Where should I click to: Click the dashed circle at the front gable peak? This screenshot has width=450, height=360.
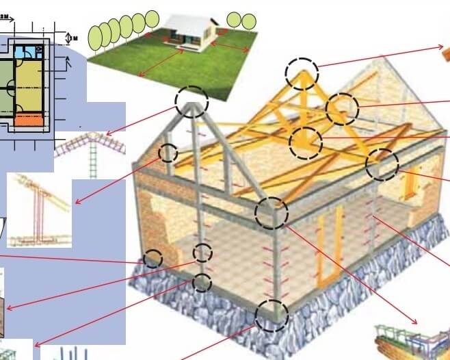191,101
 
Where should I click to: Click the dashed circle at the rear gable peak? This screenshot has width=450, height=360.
302,74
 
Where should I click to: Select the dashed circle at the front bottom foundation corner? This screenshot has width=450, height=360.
272,316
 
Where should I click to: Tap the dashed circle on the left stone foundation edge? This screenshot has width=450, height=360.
153,259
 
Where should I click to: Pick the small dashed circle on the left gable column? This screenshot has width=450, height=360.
168,152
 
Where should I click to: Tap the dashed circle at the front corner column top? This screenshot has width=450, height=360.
272,212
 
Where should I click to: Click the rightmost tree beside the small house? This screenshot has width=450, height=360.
249,21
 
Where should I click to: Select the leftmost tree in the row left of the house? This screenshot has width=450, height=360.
95,38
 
